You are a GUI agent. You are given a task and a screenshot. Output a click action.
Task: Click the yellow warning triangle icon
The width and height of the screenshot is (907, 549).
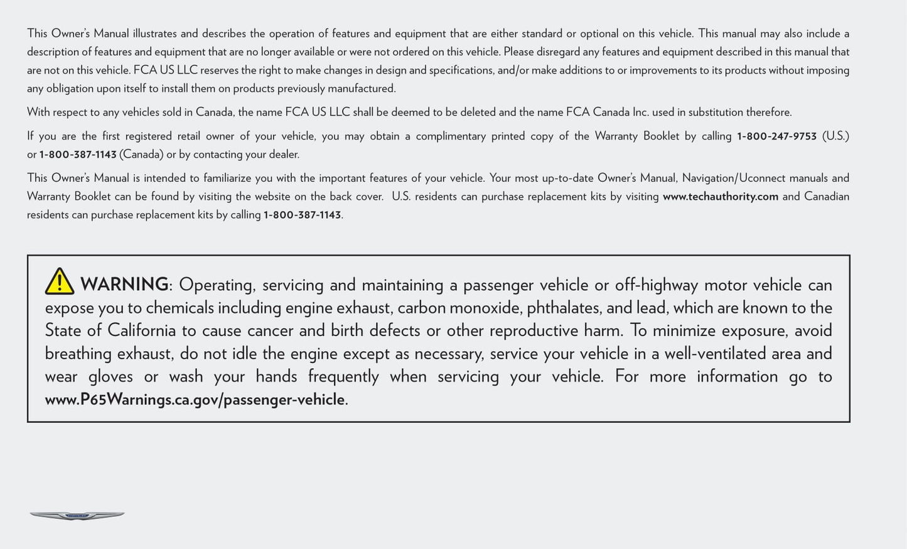[60, 281]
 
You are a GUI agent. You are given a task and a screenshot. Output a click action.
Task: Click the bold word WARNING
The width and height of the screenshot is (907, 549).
[124, 285]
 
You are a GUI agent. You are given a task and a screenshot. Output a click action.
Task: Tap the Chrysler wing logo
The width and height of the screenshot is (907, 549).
[77, 516]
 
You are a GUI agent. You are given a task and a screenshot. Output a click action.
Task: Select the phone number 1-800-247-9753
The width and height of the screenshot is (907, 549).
[776, 136]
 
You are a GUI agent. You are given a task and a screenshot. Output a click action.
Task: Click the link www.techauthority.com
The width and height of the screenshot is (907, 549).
[720, 197]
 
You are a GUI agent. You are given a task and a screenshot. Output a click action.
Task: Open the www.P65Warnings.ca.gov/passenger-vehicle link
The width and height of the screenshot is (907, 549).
[195, 400]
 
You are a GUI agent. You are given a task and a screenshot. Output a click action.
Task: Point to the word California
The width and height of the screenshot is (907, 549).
[141, 330]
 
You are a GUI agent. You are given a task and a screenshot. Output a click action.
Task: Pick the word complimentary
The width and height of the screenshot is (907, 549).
[451, 136]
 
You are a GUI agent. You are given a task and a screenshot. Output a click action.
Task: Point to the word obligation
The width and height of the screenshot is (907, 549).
[66, 89]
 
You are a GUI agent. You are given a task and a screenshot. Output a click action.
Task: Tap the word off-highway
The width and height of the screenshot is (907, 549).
[656, 285]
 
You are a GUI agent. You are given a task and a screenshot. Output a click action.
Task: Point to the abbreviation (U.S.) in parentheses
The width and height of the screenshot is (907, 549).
[835, 136]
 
